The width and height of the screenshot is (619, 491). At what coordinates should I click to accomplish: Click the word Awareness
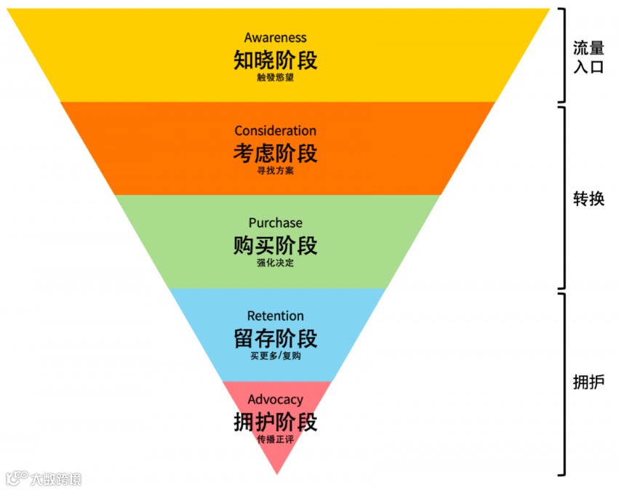pyautogui.click(x=275, y=38)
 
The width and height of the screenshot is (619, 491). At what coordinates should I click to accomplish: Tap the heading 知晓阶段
pyautogui.click(x=275, y=60)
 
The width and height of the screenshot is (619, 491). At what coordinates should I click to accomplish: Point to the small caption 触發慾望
pyautogui.click(x=275, y=78)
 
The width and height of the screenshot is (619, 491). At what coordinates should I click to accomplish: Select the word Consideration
pyautogui.click(x=275, y=131)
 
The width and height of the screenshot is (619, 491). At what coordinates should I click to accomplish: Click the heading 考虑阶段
pyautogui.click(x=275, y=153)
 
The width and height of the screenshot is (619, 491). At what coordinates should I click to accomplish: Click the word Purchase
pyautogui.click(x=275, y=223)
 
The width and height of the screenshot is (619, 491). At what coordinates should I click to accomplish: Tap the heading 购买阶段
pyautogui.click(x=275, y=246)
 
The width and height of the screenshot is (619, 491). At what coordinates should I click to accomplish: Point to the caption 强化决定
pyautogui.click(x=275, y=263)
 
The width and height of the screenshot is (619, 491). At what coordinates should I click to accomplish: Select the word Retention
pyautogui.click(x=275, y=316)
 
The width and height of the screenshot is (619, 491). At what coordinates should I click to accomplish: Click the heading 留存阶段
pyautogui.click(x=275, y=338)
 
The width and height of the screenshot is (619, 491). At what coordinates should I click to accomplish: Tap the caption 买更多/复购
pyautogui.click(x=275, y=356)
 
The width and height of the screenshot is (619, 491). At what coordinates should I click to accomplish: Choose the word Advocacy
pyautogui.click(x=275, y=399)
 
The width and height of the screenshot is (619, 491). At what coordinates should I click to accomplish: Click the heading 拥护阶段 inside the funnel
pyautogui.click(x=275, y=422)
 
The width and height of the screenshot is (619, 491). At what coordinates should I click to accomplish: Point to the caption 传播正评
pyautogui.click(x=275, y=439)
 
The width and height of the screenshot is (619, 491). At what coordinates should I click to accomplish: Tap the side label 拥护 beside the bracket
pyautogui.click(x=588, y=383)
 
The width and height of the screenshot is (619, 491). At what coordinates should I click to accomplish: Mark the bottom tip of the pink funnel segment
pyautogui.click(x=276, y=473)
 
